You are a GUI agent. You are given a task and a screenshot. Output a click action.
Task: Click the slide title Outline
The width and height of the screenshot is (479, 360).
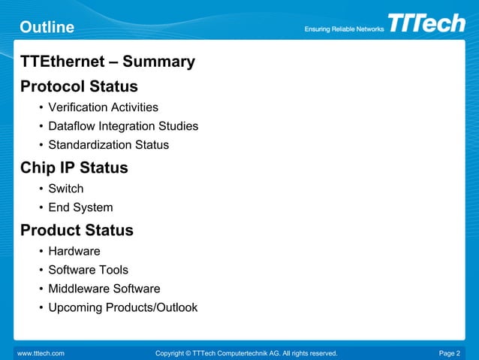click(47, 28)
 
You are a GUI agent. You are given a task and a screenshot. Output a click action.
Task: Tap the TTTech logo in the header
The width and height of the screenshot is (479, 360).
click(426, 23)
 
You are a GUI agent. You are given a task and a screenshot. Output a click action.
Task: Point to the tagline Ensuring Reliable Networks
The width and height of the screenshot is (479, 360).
click(344, 29)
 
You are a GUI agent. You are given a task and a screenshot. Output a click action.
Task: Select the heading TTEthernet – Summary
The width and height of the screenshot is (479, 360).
click(107, 62)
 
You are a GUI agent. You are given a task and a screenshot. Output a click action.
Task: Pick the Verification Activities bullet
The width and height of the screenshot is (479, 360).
click(103, 107)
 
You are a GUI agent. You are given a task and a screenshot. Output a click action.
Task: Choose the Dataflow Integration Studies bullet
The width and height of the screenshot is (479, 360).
click(123, 126)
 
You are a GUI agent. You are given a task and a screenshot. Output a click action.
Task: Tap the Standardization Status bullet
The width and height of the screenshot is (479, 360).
click(108, 145)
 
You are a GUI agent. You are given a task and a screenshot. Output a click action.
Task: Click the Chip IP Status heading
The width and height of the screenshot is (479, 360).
click(74, 168)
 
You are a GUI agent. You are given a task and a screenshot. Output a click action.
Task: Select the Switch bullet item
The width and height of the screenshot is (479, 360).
click(65, 189)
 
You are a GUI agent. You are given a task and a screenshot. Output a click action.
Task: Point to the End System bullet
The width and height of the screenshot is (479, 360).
click(80, 207)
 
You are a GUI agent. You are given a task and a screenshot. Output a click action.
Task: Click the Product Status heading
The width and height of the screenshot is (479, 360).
click(77, 230)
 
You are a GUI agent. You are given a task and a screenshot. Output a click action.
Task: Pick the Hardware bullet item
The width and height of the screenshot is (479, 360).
click(74, 251)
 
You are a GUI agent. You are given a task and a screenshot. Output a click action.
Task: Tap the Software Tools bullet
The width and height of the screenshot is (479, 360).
click(88, 270)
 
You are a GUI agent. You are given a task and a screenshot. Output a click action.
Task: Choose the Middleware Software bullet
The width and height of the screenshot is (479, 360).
click(104, 289)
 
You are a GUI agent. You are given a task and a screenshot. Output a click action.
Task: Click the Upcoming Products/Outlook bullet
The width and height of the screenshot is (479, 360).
click(122, 307)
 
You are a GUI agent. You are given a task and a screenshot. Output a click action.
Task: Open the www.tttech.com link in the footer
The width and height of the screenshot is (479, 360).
click(41, 352)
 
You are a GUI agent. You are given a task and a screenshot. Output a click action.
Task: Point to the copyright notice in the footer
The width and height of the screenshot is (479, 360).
click(246, 352)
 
